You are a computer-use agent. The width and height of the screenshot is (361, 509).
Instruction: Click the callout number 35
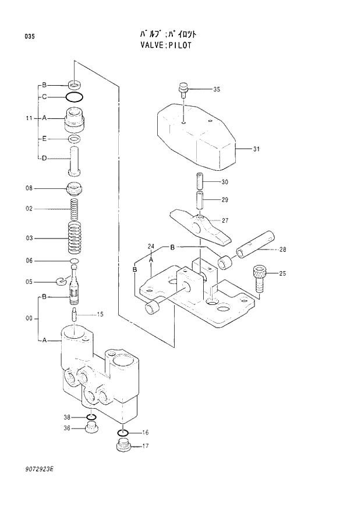point(217,89)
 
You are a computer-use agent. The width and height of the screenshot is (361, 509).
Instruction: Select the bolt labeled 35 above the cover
point(183,90)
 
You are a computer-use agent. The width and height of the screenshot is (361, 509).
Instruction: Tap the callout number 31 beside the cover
point(256,149)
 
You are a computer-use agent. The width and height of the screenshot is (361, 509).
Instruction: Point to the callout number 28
point(282,250)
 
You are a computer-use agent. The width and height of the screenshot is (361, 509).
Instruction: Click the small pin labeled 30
point(199,181)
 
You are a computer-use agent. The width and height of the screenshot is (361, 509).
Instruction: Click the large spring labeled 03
point(75,238)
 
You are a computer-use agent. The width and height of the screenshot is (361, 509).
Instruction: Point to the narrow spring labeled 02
point(74,209)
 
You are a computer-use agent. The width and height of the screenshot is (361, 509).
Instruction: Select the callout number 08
point(29,188)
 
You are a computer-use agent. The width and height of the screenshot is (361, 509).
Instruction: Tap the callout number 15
point(100,315)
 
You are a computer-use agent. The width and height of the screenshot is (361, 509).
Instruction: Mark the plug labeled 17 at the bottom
point(122,448)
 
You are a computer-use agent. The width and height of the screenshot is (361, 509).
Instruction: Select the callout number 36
point(66,428)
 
